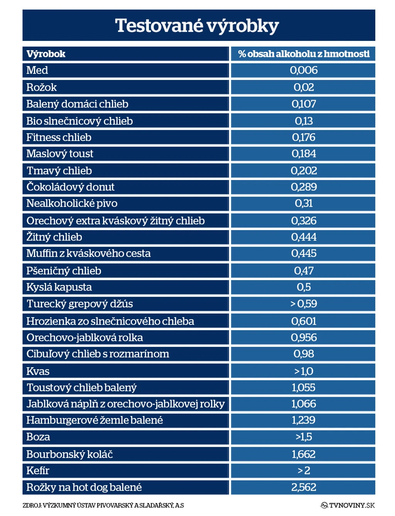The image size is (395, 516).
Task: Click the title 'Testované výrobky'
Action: [x=197, y=26]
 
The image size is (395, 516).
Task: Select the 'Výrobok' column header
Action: [x=46, y=54]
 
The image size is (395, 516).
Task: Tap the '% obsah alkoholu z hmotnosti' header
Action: [x=304, y=54]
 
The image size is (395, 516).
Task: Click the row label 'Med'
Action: [x=37, y=70]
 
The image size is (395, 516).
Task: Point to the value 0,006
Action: [x=304, y=70]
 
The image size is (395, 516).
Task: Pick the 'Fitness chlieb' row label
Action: [x=59, y=137]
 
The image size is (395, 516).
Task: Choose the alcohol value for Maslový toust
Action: [x=304, y=154]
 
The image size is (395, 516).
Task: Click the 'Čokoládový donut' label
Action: [x=71, y=187]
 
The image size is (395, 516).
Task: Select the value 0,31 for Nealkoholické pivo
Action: [x=304, y=204]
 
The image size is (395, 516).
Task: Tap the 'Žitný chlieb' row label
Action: [x=54, y=237]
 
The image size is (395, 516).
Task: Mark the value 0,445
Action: [x=304, y=253]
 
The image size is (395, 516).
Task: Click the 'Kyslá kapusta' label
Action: [x=59, y=287]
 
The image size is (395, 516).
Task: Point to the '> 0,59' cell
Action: [x=304, y=304]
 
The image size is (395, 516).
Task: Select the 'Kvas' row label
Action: [x=38, y=372]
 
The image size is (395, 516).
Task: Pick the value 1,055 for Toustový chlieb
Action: [x=304, y=387]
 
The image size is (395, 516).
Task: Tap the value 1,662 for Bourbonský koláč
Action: [x=304, y=454]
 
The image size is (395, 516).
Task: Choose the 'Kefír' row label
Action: [x=38, y=470]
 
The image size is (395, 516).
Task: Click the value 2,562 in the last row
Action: [x=304, y=487]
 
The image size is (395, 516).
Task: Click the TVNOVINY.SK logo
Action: [x=348, y=505]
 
